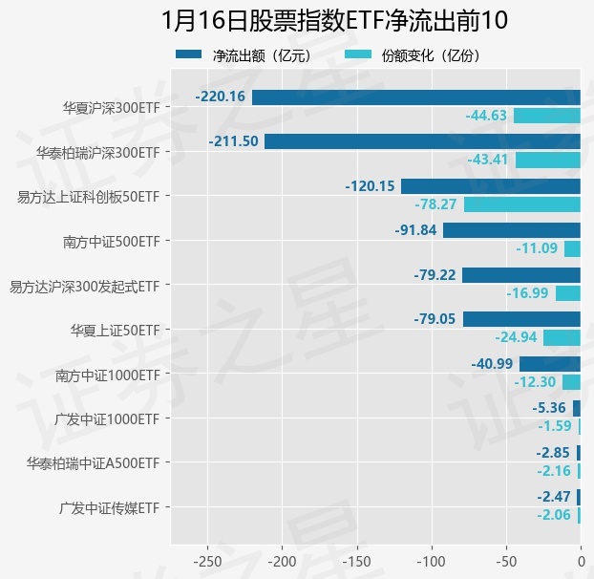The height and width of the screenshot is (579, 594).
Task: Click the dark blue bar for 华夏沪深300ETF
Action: point(416,96)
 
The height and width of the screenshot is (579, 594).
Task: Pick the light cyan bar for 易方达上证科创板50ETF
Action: point(522,204)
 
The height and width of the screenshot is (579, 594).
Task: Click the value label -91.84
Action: point(415,230)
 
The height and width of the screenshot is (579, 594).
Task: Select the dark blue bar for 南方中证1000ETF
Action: point(550,364)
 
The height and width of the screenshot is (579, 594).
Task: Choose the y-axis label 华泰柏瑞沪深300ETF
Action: point(97,152)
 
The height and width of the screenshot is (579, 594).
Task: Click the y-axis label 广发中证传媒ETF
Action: point(108,508)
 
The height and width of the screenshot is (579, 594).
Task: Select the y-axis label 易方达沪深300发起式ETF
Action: point(83,286)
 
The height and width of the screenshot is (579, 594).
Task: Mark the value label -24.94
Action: point(517,337)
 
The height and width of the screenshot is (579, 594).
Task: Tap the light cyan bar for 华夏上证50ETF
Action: point(562,337)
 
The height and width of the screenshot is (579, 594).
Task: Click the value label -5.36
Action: point(550,408)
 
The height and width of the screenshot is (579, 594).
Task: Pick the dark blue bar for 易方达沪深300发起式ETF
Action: point(521,275)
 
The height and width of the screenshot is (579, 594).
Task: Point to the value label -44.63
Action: point(487,116)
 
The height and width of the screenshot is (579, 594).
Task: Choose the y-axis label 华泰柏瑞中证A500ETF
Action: point(93,463)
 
